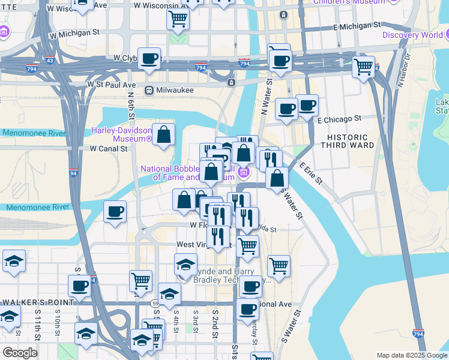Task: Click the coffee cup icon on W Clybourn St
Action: [x=149, y=58]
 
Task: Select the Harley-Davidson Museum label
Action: [x=121, y=134]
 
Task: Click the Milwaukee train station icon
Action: [x=149, y=90]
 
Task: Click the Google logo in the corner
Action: [x=20, y=353]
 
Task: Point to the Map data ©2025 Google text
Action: [x=411, y=355]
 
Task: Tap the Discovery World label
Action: [x=415, y=35]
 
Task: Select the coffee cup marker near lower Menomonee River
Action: [x=115, y=212]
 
